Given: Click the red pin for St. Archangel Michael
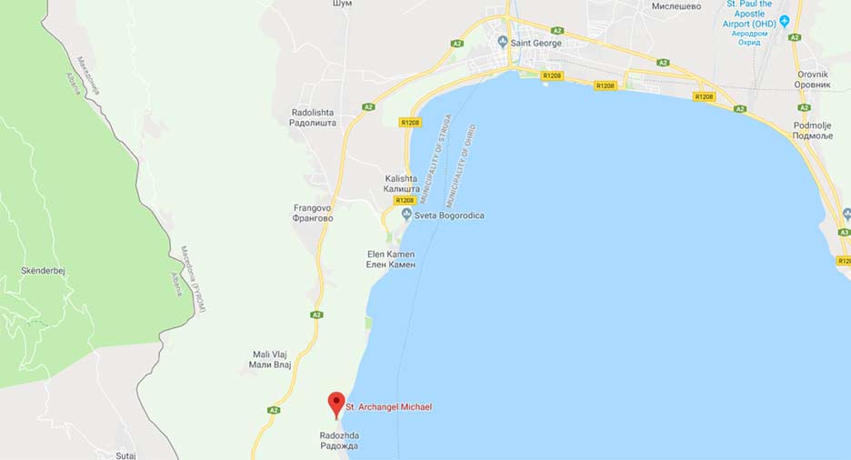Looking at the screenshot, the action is point(336,404).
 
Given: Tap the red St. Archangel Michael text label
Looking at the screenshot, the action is point(388,407).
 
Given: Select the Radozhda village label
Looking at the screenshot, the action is point(339,441).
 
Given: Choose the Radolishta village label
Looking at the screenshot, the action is point(314,117).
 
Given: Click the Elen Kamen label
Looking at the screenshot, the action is point(390,259).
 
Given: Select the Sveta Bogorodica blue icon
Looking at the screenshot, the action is point(406,215).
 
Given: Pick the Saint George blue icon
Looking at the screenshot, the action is point(502,42).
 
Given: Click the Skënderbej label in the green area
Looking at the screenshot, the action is point(43,271).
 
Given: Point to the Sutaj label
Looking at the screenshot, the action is point(125,455).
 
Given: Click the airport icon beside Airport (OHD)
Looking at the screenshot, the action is point(785,21).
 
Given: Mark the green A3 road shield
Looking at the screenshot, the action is point(846,232).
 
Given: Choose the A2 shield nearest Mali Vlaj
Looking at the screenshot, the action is point(274,410).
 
